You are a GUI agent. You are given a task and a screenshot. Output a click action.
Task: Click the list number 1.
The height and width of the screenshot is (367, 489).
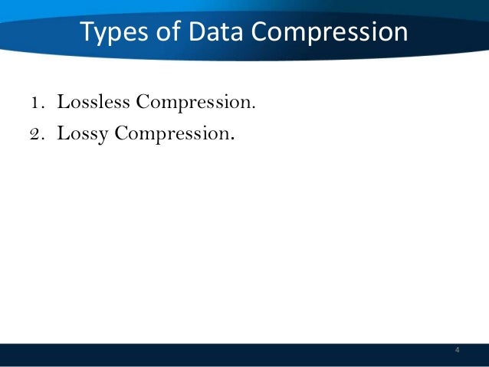36,103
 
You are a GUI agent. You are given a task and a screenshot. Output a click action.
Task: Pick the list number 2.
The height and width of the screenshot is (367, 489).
36,134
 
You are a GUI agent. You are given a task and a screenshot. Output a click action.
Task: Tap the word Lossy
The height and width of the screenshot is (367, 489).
83,135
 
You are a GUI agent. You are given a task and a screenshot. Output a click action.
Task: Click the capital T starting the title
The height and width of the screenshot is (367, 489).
87,33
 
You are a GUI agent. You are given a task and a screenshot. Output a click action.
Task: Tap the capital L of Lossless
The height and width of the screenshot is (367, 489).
61,103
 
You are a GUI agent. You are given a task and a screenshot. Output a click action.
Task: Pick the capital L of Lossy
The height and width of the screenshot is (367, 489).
61,134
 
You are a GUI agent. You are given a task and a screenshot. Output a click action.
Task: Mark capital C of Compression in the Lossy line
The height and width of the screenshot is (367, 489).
122,134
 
